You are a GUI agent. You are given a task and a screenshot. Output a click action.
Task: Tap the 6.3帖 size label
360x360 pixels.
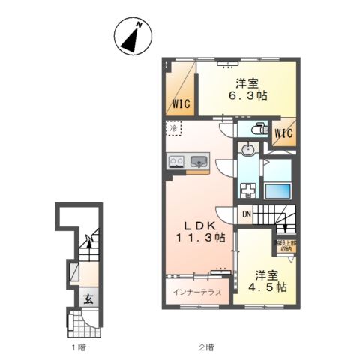pyautogui.click(x=246, y=95)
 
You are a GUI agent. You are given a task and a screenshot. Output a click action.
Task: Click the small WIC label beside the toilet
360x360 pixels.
pyautogui.click(x=283, y=134)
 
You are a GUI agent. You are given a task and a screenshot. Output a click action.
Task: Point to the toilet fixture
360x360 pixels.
pyautogui.click(x=256, y=128)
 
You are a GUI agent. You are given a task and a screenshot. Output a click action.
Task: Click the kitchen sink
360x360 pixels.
pyautogui.click(x=199, y=160)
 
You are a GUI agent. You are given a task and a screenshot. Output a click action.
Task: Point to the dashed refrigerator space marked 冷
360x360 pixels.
pyautogui.click(x=174, y=129)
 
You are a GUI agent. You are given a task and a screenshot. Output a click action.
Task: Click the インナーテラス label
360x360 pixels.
pyautogui.click(x=196, y=292)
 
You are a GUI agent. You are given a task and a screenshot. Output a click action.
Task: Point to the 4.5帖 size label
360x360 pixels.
pyautogui.click(x=267, y=286)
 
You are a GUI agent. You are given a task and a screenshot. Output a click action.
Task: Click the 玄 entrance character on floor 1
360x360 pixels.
pyautogui.click(x=88, y=297)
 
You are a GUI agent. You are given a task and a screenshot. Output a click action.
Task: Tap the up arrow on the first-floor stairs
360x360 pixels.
pyautogui.click(x=88, y=241)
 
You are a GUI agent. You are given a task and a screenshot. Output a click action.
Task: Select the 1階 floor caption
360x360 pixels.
pyautogui.click(x=78, y=347)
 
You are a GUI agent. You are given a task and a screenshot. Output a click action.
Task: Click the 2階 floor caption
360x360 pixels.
pyautogui.click(x=206, y=347)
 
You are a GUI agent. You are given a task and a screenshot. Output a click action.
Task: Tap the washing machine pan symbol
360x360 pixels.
pyautogui.click(x=248, y=189)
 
